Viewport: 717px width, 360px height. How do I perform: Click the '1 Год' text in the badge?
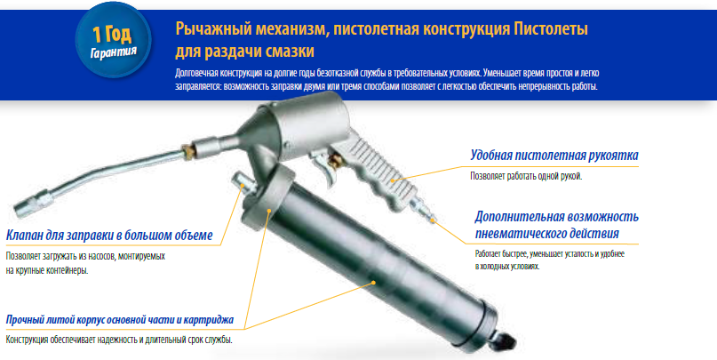pyautogui.click(x=112, y=35)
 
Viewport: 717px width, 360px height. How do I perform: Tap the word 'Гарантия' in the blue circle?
pyautogui.click(x=114, y=52)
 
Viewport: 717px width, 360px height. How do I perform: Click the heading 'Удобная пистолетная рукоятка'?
pyautogui.click(x=554, y=156)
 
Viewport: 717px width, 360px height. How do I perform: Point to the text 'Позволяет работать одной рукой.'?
pyautogui.click(x=526, y=177)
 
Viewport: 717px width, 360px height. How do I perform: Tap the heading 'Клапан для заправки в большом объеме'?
pyautogui.click(x=109, y=236)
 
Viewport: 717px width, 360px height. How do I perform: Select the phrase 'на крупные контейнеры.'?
pyautogui.click(x=47, y=270)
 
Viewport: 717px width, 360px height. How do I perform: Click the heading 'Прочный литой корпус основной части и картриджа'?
pyautogui.click(x=120, y=320)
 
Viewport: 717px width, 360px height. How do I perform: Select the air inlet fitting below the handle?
pyautogui.click(x=422, y=211)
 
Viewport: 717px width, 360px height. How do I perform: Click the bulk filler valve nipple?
pyautogui.click(x=242, y=181)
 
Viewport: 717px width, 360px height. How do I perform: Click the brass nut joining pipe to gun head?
pyautogui.click(x=187, y=151)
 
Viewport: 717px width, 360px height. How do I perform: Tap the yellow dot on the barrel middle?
pyautogui.click(x=373, y=283)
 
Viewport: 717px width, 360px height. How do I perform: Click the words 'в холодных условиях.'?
pyautogui.click(x=507, y=267)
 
